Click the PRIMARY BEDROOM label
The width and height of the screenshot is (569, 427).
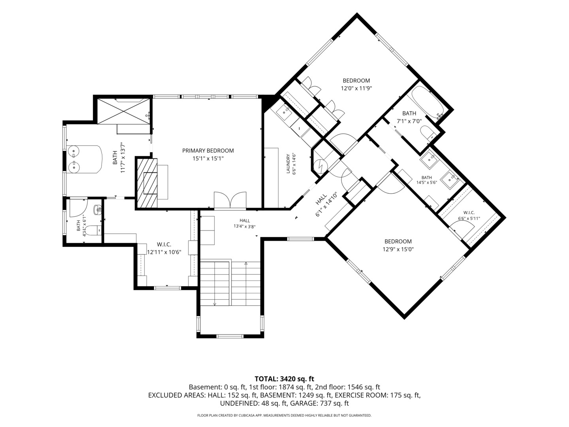[208, 151]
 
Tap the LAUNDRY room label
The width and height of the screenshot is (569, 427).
[288, 164]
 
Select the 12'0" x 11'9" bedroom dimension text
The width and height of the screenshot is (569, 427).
[356, 89]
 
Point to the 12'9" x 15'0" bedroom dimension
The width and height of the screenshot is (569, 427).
[398, 249]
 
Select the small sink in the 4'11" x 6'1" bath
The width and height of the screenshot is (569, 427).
[98, 209]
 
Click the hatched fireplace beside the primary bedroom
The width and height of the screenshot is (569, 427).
[147, 183]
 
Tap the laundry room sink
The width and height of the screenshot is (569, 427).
[284, 112]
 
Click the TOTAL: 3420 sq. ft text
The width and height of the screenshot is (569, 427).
[284, 379]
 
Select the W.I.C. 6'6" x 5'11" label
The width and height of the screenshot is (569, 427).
[469, 215]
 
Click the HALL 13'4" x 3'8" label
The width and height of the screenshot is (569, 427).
[245, 223]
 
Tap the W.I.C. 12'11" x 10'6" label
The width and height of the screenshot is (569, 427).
[164, 248]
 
